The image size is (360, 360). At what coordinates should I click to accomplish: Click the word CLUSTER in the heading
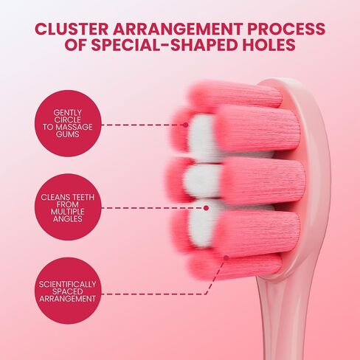(x=72, y=29)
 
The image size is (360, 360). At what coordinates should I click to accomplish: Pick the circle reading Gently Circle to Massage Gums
(x=68, y=123)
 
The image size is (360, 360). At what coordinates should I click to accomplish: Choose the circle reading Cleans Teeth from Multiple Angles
(x=68, y=208)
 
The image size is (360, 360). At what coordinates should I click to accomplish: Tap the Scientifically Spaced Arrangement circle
(x=68, y=291)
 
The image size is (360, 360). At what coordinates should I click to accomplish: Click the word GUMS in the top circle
(x=68, y=134)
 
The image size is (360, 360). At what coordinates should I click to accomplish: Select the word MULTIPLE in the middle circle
(x=68, y=212)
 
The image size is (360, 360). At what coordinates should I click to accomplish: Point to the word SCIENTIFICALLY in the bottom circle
(x=68, y=284)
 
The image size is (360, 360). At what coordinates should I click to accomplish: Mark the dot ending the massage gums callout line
(x=186, y=125)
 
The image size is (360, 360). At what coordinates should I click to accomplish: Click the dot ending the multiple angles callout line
(x=207, y=208)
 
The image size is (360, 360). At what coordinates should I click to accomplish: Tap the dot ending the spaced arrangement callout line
(x=226, y=257)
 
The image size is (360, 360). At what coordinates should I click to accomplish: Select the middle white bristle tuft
(x=201, y=181)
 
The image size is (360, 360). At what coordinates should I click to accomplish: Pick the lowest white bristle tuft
(x=201, y=223)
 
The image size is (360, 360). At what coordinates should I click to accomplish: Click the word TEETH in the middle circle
(x=81, y=197)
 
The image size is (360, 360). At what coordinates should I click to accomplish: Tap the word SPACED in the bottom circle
(x=68, y=291)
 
